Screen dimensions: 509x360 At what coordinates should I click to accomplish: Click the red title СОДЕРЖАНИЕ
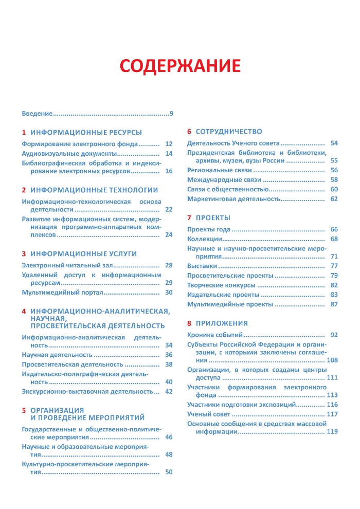point(180,67)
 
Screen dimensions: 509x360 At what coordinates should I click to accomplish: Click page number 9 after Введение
point(171,114)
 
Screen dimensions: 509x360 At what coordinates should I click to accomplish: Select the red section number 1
point(24,132)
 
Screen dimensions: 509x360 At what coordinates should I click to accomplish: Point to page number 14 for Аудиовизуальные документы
point(169,154)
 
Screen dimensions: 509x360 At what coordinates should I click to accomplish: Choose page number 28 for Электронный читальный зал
point(169,265)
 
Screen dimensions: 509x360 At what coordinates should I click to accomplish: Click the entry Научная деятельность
point(49,355)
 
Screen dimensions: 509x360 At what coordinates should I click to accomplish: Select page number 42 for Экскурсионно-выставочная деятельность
point(169,392)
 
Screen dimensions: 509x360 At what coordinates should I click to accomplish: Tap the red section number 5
point(24,410)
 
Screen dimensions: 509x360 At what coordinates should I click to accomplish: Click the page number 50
point(169,472)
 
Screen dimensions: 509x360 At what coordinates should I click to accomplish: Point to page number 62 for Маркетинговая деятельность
point(334,198)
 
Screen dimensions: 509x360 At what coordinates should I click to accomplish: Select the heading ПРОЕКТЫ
point(213,218)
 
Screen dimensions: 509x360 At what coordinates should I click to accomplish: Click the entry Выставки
point(202,266)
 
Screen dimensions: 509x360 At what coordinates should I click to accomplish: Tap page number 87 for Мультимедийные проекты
point(334,304)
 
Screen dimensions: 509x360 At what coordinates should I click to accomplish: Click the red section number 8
point(189,323)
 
